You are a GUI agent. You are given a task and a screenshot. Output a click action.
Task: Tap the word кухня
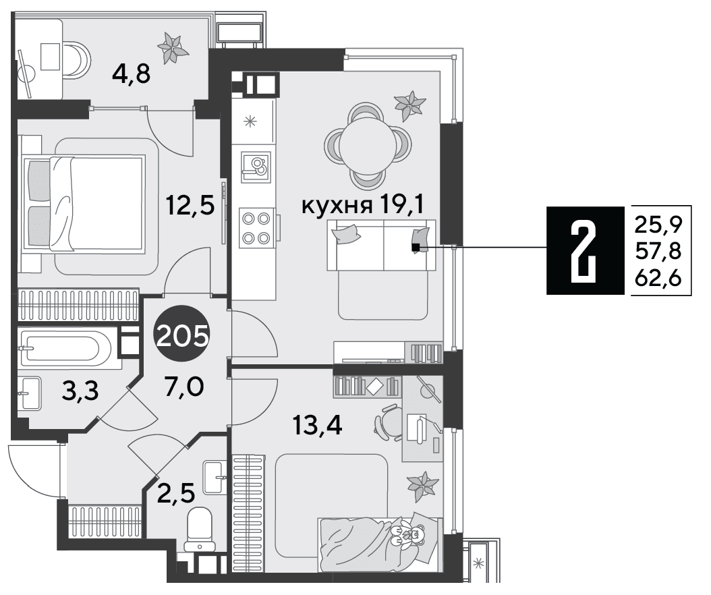(x=336, y=206)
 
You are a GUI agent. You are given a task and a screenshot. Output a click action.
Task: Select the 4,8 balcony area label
(x=131, y=74)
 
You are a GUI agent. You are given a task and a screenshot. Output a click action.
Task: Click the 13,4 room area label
(x=318, y=425)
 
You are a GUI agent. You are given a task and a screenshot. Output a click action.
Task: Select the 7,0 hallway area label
(x=184, y=387)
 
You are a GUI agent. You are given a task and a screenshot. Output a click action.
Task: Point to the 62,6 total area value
(x=658, y=279)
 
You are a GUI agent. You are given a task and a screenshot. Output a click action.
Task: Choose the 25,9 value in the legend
(x=658, y=223)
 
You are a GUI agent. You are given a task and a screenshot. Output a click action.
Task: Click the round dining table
(x=368, y=146)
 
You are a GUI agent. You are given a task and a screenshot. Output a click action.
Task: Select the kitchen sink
(x=256, y=167)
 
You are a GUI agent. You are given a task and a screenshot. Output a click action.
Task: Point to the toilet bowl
(x=200, y=528)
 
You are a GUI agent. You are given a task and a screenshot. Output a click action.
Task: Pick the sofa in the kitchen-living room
(x=381, y=246)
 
